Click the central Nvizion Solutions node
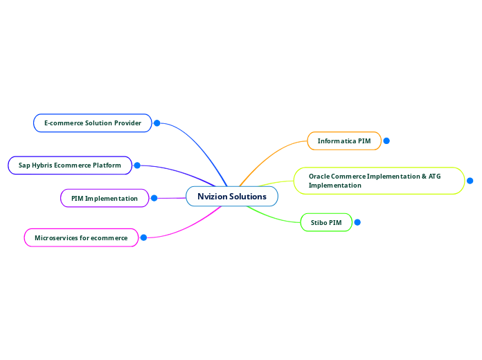pyautogui.click(x=231, y=197)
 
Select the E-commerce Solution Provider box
pyautogui.click(x=92, y=123)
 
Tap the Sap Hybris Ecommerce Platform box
pyautogui.click(x=69, y=165)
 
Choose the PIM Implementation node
pyautogui.click(x=105, y=199)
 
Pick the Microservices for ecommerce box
pyautogui.click(x=81, y=238)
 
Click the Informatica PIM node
pyautogui.click(x=344, y=141)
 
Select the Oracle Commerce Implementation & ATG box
pyautogui.click(x=379, y=181)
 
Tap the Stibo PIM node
pyautogui.click(x=326, y=223)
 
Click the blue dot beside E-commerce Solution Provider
pyautogui.click(x=157, y=123)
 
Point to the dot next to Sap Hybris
pyautogui.click(x=137, y=165)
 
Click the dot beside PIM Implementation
pyautogui.click(x=154, y=199)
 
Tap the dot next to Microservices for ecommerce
pyautogui.click(x=143, y=237)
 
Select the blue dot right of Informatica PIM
pyautogui.click(x=386, y=141)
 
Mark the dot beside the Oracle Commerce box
pyautogui.click(x=470, y=181)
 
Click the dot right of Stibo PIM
pyautogui.click(x=357, y=222)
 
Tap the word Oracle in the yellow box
pyautogui.click(x=320, y=177)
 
